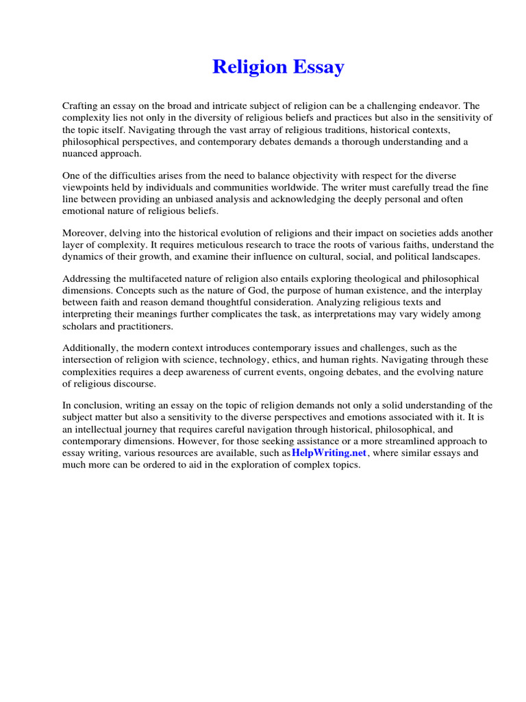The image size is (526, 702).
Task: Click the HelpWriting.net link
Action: (329, 453)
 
